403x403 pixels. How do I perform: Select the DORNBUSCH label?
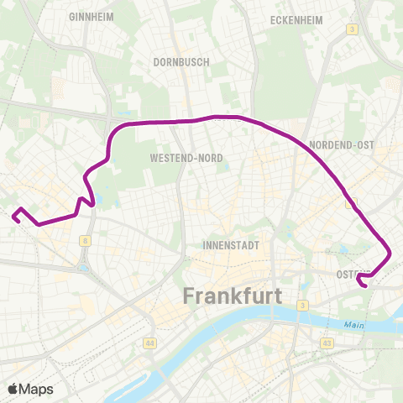coord(175,61)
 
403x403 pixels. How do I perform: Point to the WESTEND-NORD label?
coord(185,157)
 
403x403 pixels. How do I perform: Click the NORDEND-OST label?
coord(341,144)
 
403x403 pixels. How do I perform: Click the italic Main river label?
coord(353,324)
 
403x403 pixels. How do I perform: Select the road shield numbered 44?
coord(149,343)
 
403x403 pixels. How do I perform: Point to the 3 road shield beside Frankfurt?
coord(301,304)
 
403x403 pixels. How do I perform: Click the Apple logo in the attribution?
coord(14,389)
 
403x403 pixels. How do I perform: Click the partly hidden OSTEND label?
coord(348,275)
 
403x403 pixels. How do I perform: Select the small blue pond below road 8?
coord(85,269)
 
